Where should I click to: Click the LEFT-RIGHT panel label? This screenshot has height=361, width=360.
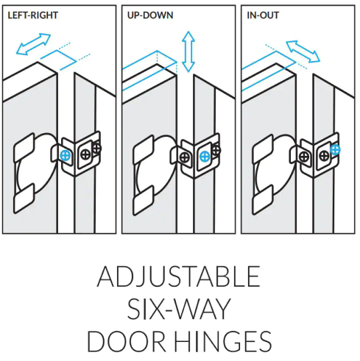point(32,15)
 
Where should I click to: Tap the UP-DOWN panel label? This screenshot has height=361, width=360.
point(150,15)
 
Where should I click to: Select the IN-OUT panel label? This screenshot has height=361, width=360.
point(263,15)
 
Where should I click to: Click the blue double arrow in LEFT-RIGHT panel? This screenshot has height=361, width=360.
point(33,44)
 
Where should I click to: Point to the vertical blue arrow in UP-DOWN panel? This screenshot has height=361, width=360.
point(188,51)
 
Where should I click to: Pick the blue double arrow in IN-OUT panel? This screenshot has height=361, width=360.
point(303,51)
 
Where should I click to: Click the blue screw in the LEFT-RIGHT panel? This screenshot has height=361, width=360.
point(66,155)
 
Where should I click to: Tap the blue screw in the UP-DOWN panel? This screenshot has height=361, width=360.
point(205,157)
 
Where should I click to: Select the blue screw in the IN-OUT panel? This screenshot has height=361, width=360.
point(335,149)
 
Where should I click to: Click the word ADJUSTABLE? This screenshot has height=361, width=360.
point(179,276)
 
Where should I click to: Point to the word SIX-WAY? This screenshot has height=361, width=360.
point(179,309)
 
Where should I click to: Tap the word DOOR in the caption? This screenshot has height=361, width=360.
point(127,341)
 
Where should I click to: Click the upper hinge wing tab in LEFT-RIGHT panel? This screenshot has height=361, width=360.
point(24,147)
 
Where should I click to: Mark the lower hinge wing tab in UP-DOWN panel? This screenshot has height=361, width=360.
point(144,201)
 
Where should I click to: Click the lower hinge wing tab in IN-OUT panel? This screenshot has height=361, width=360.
point(263,200)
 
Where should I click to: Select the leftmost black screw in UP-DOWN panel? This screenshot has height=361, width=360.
point(185,157)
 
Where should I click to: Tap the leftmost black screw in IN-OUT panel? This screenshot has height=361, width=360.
point(304,157)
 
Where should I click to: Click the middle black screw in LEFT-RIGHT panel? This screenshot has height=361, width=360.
point(85,155)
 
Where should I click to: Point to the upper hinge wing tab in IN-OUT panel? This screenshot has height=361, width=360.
point(263,148)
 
